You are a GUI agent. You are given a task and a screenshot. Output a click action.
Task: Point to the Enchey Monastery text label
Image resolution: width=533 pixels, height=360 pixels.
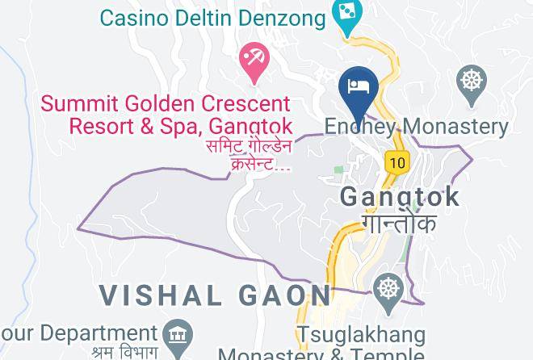coord(416,127)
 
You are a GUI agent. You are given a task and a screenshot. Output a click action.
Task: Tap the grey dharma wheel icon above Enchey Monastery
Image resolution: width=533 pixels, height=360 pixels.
coord(471,82)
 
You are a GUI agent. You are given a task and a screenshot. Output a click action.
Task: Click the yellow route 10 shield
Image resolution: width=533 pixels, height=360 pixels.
coord(396,162)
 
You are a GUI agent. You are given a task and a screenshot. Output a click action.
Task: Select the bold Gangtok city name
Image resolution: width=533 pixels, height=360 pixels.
coord(400,196)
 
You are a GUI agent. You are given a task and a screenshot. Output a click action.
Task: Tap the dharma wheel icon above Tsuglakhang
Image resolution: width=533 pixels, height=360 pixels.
coord(389,288)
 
